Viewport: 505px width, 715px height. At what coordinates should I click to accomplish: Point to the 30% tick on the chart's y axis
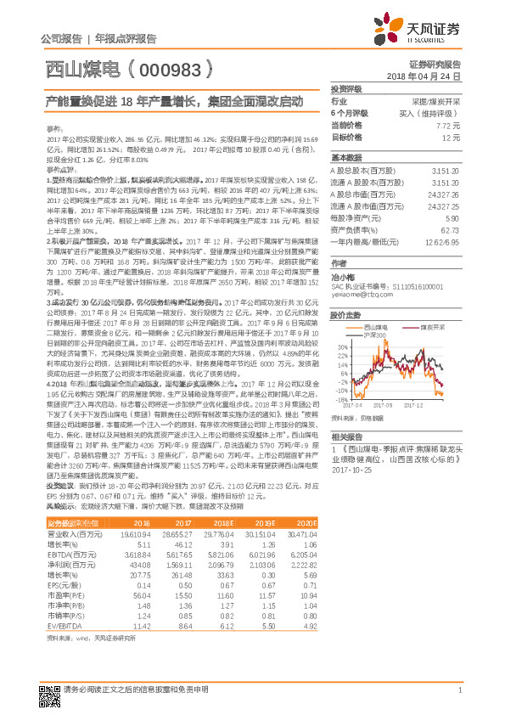(x=339, y=346)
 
